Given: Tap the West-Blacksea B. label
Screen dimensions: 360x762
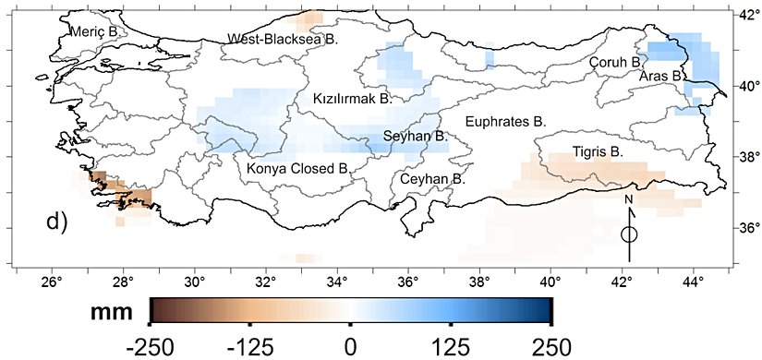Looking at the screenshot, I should [284, 40].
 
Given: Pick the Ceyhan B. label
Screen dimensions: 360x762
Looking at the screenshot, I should [431, 178].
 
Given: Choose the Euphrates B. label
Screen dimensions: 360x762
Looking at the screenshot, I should [505, 121].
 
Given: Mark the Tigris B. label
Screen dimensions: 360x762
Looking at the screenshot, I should [599, 150].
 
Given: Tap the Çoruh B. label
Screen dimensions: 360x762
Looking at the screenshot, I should [616, 62].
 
